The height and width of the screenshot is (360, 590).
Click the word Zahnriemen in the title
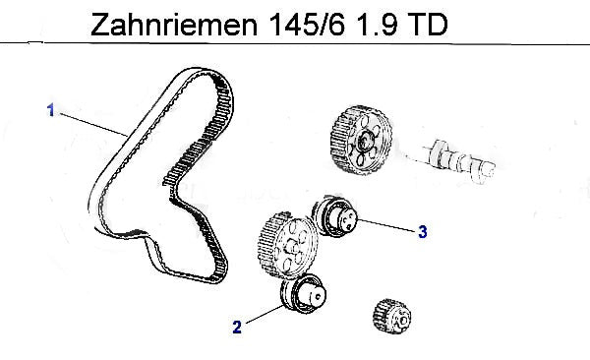[x=174, y=25]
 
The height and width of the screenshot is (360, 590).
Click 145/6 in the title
[x=307, y=25]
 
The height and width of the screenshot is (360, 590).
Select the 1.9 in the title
[x=376, y=25]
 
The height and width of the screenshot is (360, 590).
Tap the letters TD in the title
[x=428, y=25]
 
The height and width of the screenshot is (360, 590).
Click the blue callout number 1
[x=51, y=110]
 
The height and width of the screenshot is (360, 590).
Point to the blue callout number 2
[x=237, y=327]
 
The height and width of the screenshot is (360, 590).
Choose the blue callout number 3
[x=423, y=231]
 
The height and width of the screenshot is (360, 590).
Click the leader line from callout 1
[x=93, y=124]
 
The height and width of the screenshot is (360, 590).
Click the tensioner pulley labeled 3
[x=334, y=217]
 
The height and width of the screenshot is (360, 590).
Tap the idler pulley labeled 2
[x=303, y=293]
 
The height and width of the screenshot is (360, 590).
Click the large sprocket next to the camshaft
[x=361, y=140]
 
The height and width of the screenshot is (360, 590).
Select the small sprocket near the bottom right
[x=391, y=317]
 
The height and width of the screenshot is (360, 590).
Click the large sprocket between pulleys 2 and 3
[x=287, y=246]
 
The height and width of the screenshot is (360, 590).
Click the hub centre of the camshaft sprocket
[x=364, y=142]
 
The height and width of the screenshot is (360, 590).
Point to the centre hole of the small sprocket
[x=403, y=320]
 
